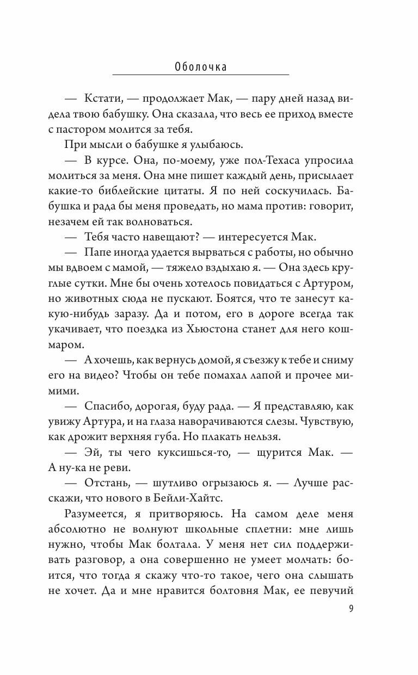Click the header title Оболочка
201,67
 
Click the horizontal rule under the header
201,75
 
